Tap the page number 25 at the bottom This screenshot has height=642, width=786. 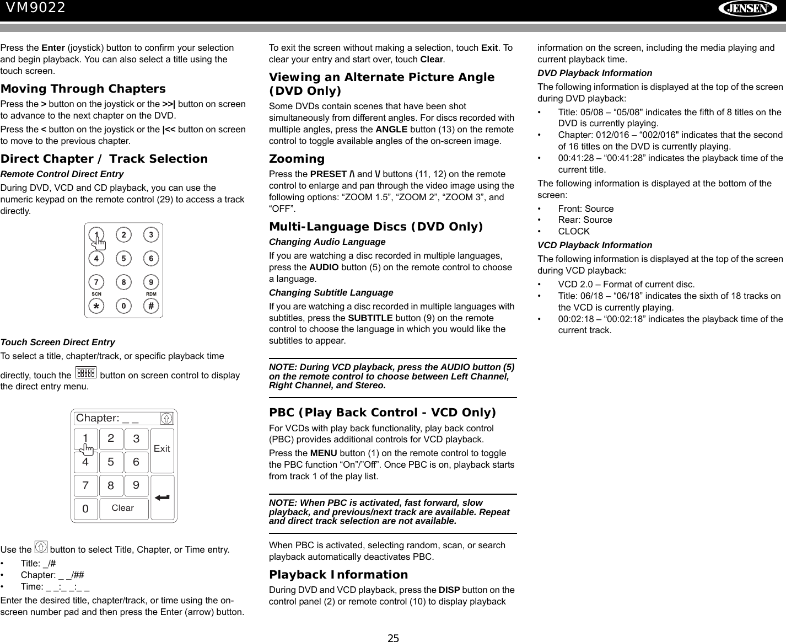[392, 639]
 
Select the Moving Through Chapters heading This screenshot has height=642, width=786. [83, 89]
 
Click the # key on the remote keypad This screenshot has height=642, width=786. [151, 305]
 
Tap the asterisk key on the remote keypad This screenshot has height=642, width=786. [96, 305]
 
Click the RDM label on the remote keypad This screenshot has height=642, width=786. [151, 294]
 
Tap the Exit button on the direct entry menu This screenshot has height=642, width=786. [162, 449]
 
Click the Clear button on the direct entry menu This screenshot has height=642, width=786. [123, 508]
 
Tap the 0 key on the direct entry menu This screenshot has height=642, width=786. [85, 509]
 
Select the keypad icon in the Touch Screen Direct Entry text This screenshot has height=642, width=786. [85, 373]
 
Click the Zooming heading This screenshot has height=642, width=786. [297, 159]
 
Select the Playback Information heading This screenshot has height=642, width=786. [338, 575]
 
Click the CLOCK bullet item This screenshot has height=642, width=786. [574, 232]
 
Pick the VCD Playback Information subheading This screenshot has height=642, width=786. [595, 245]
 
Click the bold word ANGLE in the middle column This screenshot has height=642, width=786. [391, 130]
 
